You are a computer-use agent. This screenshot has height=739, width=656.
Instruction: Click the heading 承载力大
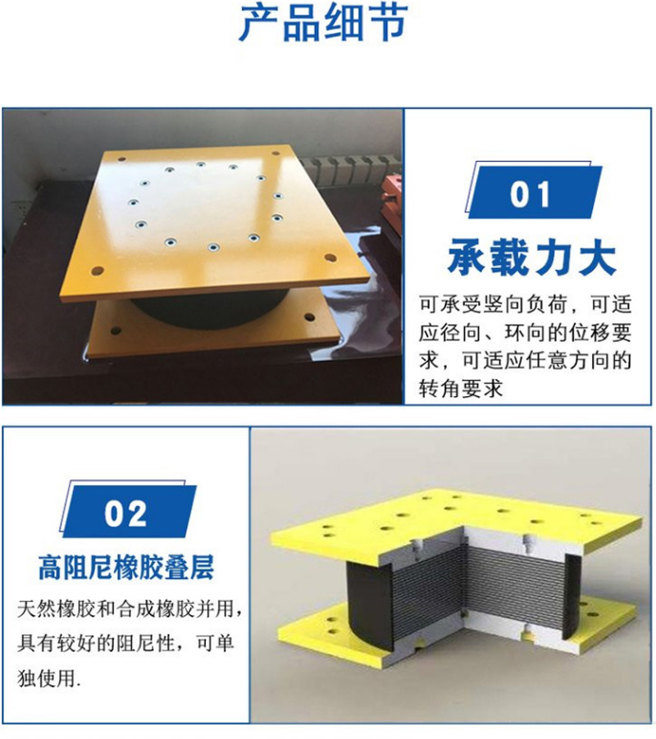531,258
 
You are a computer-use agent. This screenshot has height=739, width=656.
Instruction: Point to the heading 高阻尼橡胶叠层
126,567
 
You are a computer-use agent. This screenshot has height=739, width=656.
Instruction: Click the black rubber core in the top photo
205,308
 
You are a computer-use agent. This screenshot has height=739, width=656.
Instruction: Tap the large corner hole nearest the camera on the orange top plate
98,270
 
